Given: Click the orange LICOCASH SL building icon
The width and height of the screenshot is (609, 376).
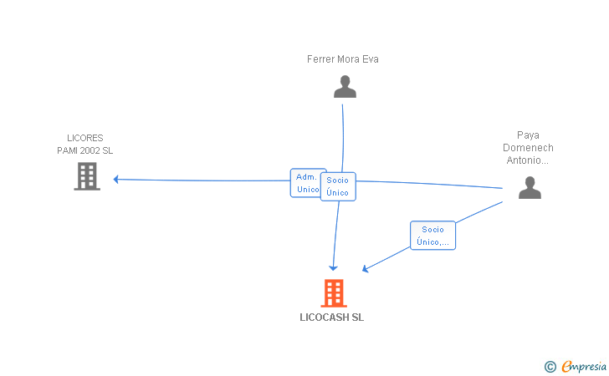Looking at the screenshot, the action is (x=333, y=293).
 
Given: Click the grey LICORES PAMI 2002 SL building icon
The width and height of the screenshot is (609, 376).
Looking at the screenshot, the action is (x=87, y=176).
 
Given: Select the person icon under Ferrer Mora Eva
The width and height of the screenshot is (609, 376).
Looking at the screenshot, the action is (x=345, y=87).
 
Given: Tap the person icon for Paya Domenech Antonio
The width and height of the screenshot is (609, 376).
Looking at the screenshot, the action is (x=530, y=187).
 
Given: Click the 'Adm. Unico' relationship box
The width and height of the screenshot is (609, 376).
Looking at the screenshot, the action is (x=306, y=183).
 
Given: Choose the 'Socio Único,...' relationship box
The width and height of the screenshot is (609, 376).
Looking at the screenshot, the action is (x=432, y=236).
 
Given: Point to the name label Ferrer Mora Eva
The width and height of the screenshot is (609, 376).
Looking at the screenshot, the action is (x=343, y=59).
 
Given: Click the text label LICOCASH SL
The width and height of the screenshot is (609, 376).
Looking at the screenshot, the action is (x=332, y=318).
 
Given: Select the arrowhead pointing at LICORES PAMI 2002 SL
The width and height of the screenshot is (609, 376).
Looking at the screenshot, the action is (x=117, y=179).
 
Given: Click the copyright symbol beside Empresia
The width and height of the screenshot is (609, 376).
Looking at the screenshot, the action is (x=550, y=366).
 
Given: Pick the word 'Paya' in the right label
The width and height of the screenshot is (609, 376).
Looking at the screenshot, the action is (x=528, y=135).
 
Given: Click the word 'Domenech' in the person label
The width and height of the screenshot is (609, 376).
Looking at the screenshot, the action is (x=528, y=147).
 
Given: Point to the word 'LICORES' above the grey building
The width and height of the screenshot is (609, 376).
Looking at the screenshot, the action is (x=84, y=138).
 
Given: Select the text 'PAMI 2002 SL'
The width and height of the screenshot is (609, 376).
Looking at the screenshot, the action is (x=84, y=150).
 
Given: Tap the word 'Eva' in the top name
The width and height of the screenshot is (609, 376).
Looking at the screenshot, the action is (x=371, y=59).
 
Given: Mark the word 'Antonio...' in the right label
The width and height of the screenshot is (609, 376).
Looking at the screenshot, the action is (x=528, y=160).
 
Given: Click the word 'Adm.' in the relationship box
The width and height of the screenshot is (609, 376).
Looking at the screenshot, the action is (x=306, y=177).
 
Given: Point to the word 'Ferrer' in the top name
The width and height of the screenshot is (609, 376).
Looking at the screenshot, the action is (x=320, y=59).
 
